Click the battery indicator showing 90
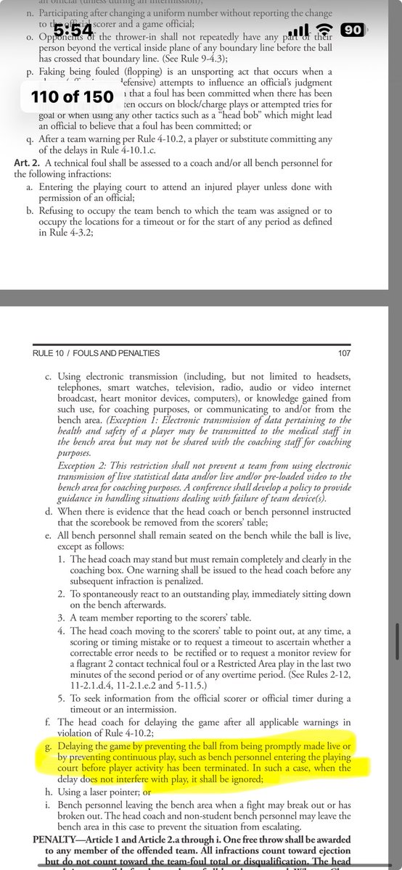[x=353, y=30]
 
